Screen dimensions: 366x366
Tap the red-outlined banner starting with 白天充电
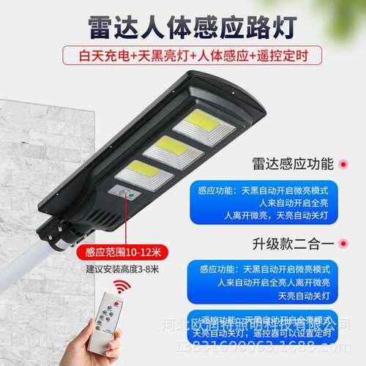point(183,54)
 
